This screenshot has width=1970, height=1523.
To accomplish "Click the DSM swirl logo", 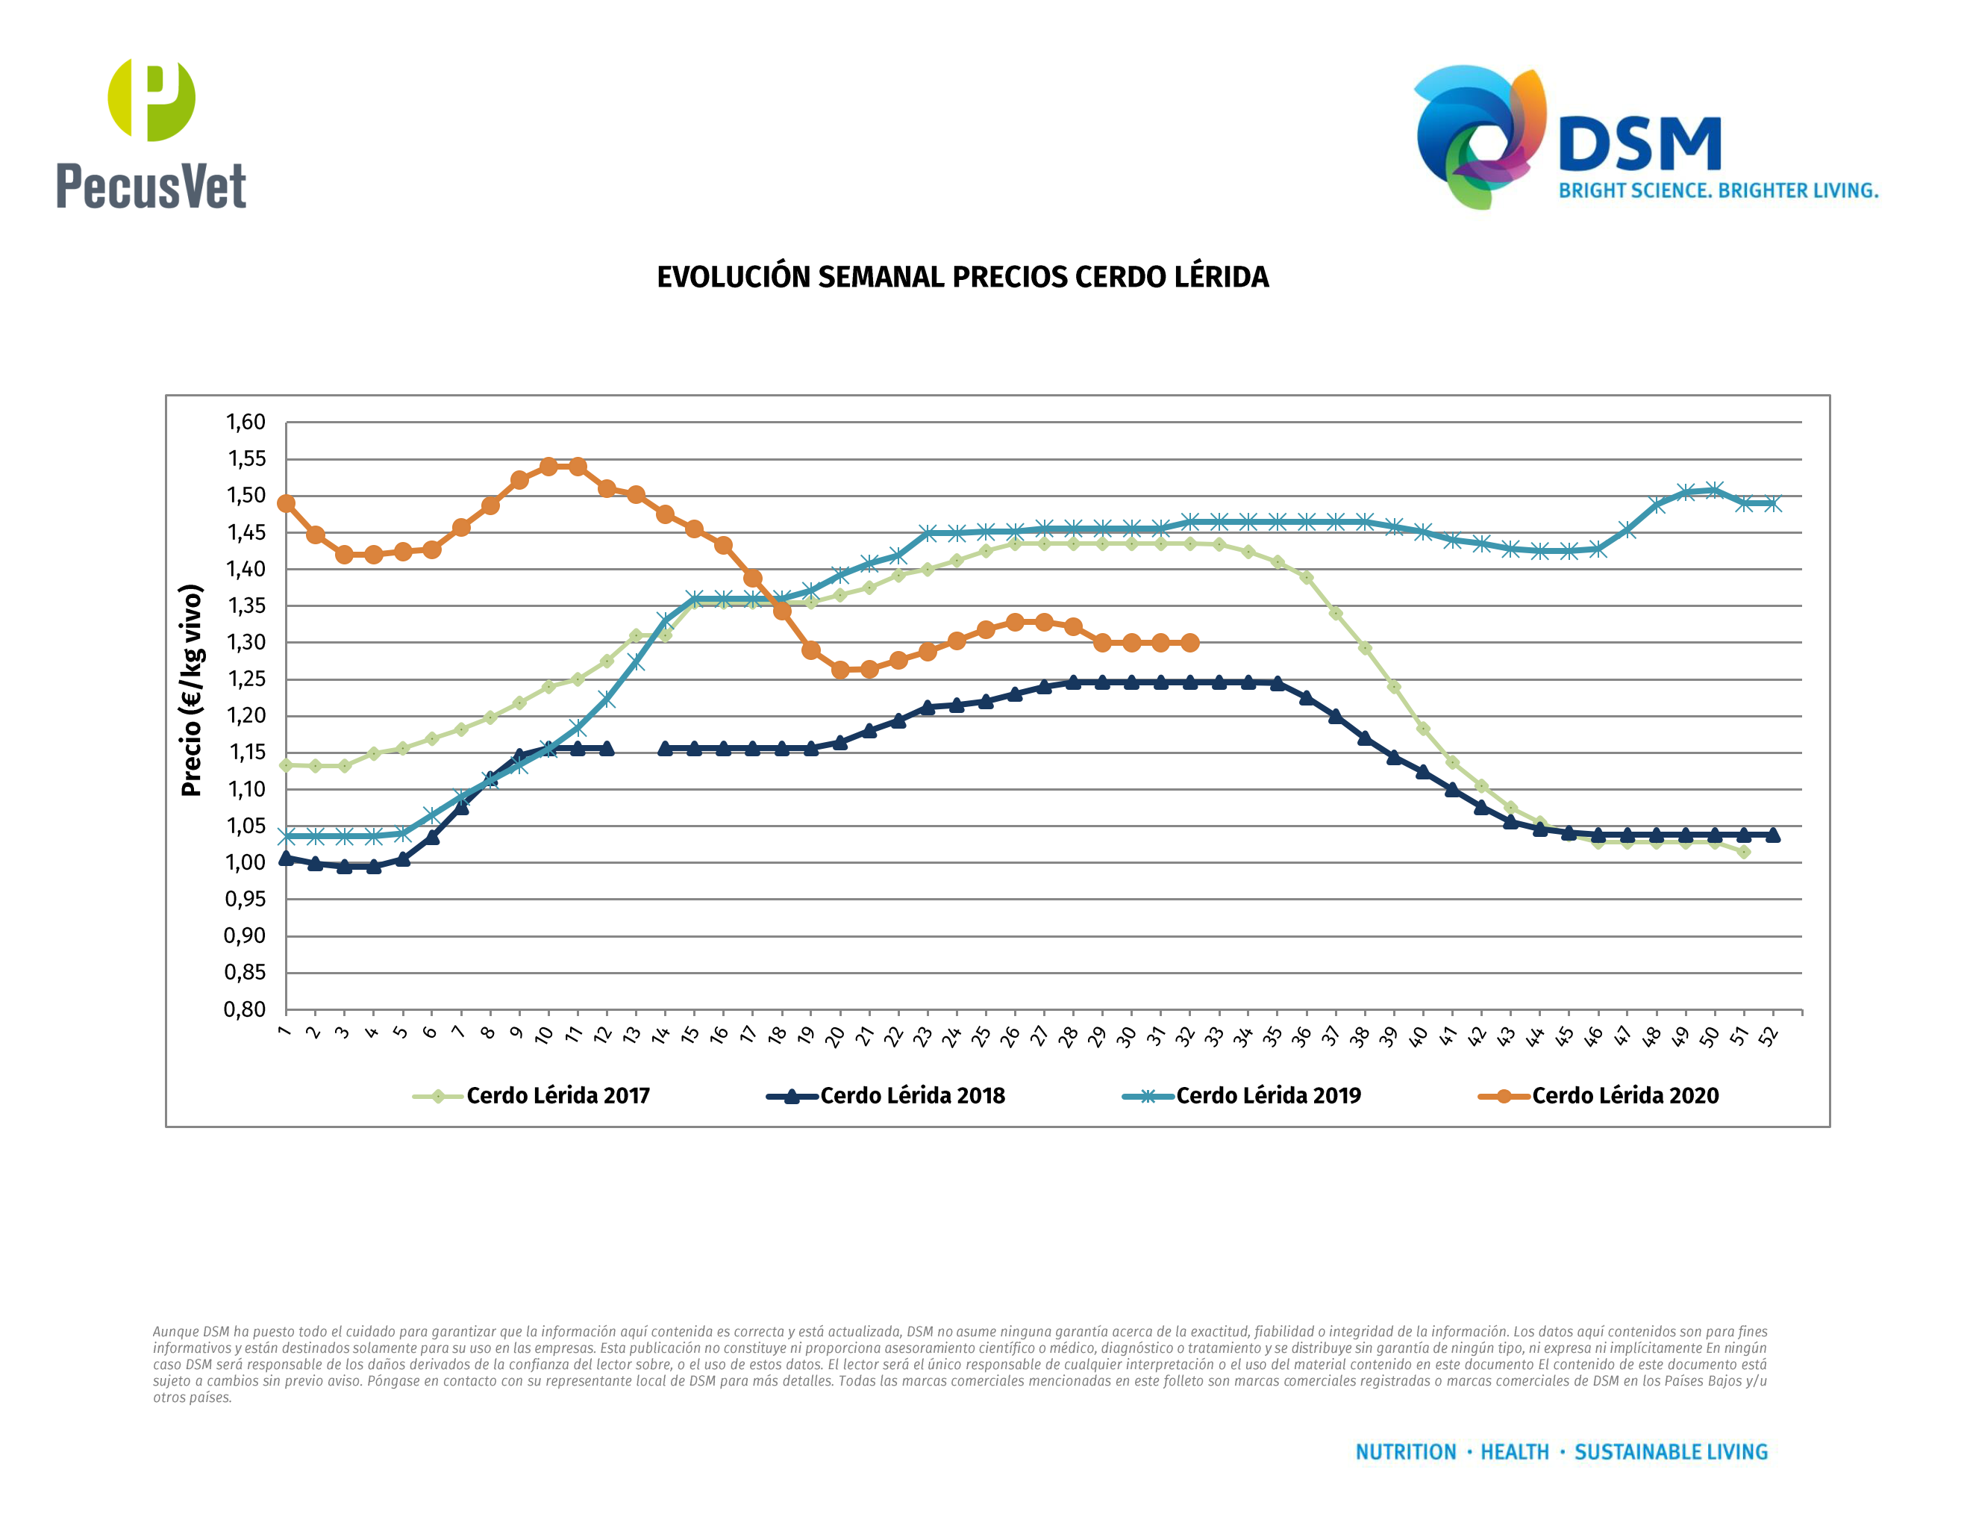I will [x=1479, y=135].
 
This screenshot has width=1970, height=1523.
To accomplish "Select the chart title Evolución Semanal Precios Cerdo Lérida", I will [x=963, y=277].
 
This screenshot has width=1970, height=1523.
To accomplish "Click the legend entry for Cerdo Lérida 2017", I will [x=557, y=1096].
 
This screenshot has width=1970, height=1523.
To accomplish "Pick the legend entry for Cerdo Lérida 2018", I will [x=911, y=1096].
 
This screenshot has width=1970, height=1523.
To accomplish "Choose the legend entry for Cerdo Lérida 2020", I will [x=1625, y=1096].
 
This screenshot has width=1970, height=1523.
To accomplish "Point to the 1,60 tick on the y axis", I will [x=246, y=423].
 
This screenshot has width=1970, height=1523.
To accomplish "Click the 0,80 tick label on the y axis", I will [x=246, y=1009].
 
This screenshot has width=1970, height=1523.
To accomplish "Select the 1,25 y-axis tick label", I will [x=246, y=679].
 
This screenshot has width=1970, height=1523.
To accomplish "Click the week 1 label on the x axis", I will [x=284, y=1031].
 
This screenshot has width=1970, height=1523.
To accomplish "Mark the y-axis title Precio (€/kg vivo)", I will [x=190, y=691].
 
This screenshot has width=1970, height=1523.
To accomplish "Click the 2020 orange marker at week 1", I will [x=286, y=503].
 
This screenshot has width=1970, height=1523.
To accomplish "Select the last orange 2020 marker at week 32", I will [x=1189, y=642].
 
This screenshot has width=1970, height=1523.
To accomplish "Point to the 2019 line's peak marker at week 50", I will [x=1715, y=490].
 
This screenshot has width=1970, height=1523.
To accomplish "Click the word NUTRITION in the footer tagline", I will [x=1405, y=1452].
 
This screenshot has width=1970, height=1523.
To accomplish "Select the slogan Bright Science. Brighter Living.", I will [x=1718, y=191].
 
